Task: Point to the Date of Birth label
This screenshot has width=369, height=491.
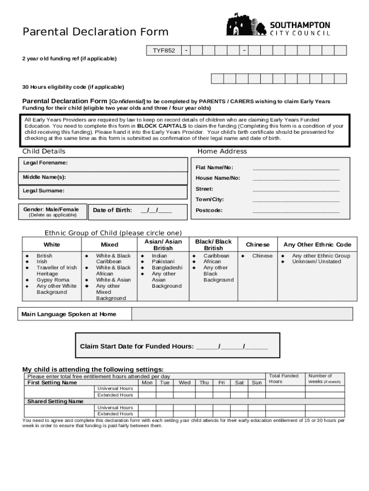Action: pyautogui.click(x=112, y=210)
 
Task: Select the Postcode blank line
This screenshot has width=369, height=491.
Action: pyautogui.click(x=296, y=210)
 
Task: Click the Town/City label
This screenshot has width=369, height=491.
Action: pyautogui.click(x=209, y=199)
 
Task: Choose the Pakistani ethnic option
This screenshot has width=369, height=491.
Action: pyautogui.click(x=160, y=262)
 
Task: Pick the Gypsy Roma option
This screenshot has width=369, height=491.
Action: pyautogui.click(x=53, y=280)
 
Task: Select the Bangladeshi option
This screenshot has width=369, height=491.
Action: pyautogui.click(x=167, y=268)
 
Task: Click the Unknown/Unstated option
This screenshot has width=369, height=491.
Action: pyautogui.click(x=316, y=262)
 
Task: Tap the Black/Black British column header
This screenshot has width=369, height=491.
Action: pyautogui.click(x=213, y=245)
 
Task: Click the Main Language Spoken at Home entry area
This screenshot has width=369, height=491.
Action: pyautogui.click(x=242, y=314)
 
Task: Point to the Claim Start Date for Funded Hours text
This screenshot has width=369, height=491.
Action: pyautogui.click(x=173, y=346)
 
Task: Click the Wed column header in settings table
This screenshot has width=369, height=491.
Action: pyautogui.click(x=184, y=383)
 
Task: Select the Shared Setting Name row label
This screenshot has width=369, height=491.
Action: pyautogui.click(x=56, y=401)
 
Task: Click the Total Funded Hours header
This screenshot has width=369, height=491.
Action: pyautogui.click(x=283, y=379)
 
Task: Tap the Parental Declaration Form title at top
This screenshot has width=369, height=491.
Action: pyautogui.click(x=96, y=32)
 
